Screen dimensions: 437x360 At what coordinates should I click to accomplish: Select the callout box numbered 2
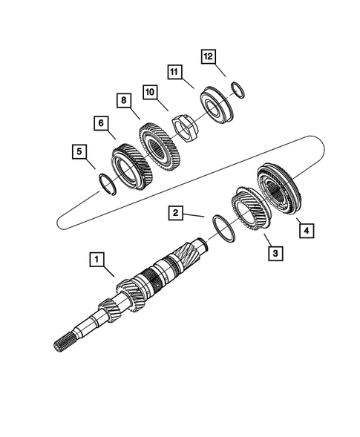tap(175, 214)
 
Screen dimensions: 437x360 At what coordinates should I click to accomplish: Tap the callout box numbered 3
tap(275, 254)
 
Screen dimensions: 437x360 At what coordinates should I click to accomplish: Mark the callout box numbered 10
tap(151, 92)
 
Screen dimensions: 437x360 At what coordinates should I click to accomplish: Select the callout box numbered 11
tap(174, 72)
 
